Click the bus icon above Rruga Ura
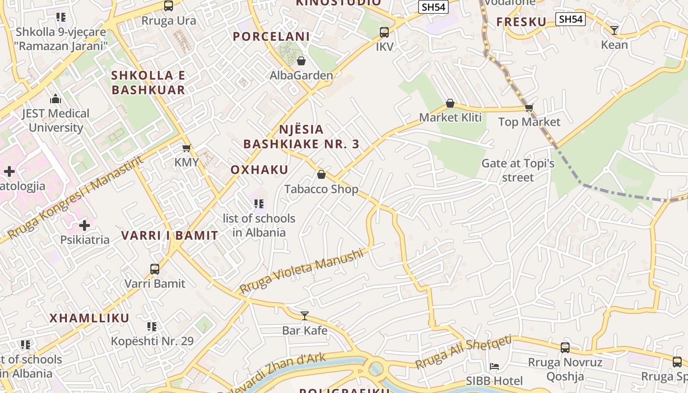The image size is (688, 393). point(169,6)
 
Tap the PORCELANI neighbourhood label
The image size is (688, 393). point(271,36)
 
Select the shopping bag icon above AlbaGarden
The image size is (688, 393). point(301,61)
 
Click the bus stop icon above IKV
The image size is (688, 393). point(384,32)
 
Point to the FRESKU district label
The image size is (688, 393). point(521,22)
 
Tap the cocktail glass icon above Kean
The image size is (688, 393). point(614,30)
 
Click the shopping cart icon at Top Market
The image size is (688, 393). point(529,108)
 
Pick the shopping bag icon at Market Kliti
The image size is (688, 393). point(450,103)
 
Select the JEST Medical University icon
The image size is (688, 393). point(55,99)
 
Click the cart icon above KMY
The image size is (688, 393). point(186,148)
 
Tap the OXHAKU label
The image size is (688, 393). point(259,170)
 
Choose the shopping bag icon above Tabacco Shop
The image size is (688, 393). point(321,174)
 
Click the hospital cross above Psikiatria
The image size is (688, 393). point(85,225)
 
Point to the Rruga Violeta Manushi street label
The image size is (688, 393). point(302,271)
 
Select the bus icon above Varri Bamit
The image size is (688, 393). point(155,269)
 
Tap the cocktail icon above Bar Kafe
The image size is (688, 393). point(305,315)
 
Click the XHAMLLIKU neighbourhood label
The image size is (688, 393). point(89,318)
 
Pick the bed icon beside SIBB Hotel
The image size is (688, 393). point(494,366)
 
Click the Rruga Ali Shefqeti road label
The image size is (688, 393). point(463,352)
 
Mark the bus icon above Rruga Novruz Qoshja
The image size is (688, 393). point(565,348)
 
